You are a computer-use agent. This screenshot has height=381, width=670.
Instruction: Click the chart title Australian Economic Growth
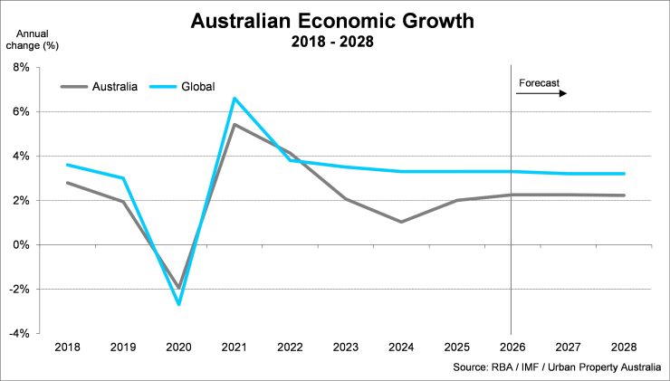pyautogui.click(x=335, y=20)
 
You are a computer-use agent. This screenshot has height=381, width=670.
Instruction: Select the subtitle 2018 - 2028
pyautogui.click(x=335, y=42)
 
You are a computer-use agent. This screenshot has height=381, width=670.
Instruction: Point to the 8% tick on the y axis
pyautogui.click(x=21, y=68)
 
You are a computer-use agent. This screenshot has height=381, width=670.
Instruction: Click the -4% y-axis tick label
pyautogui.click(x=19, y=333)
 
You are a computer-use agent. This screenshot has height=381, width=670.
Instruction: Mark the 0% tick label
pyautogui.click(x=21, y=244)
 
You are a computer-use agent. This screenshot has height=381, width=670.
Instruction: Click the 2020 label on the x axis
pyautogui.click(x=178, y=348)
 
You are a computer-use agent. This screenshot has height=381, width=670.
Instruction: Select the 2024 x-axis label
pyautogui.click(x=400, y=348)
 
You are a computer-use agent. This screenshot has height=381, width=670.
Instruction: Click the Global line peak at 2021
pyautogui.click(x=234, y=98)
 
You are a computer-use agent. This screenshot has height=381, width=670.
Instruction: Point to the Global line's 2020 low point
pyautogui.click(x=178, y=304)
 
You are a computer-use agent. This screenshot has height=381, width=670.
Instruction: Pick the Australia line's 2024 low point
pyautogui.click(x=400, y=222)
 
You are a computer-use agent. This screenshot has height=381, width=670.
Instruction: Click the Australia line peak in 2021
pyautogui.click(x=234, y=125)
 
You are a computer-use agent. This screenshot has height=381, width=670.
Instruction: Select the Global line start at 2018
pyautogui.click(x=67, y=165)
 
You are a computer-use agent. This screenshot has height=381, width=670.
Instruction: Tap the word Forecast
pyautogui.click(x=540, y=83)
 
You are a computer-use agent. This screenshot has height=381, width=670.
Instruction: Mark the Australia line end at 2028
pyautogui.click(x=623, y=195)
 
